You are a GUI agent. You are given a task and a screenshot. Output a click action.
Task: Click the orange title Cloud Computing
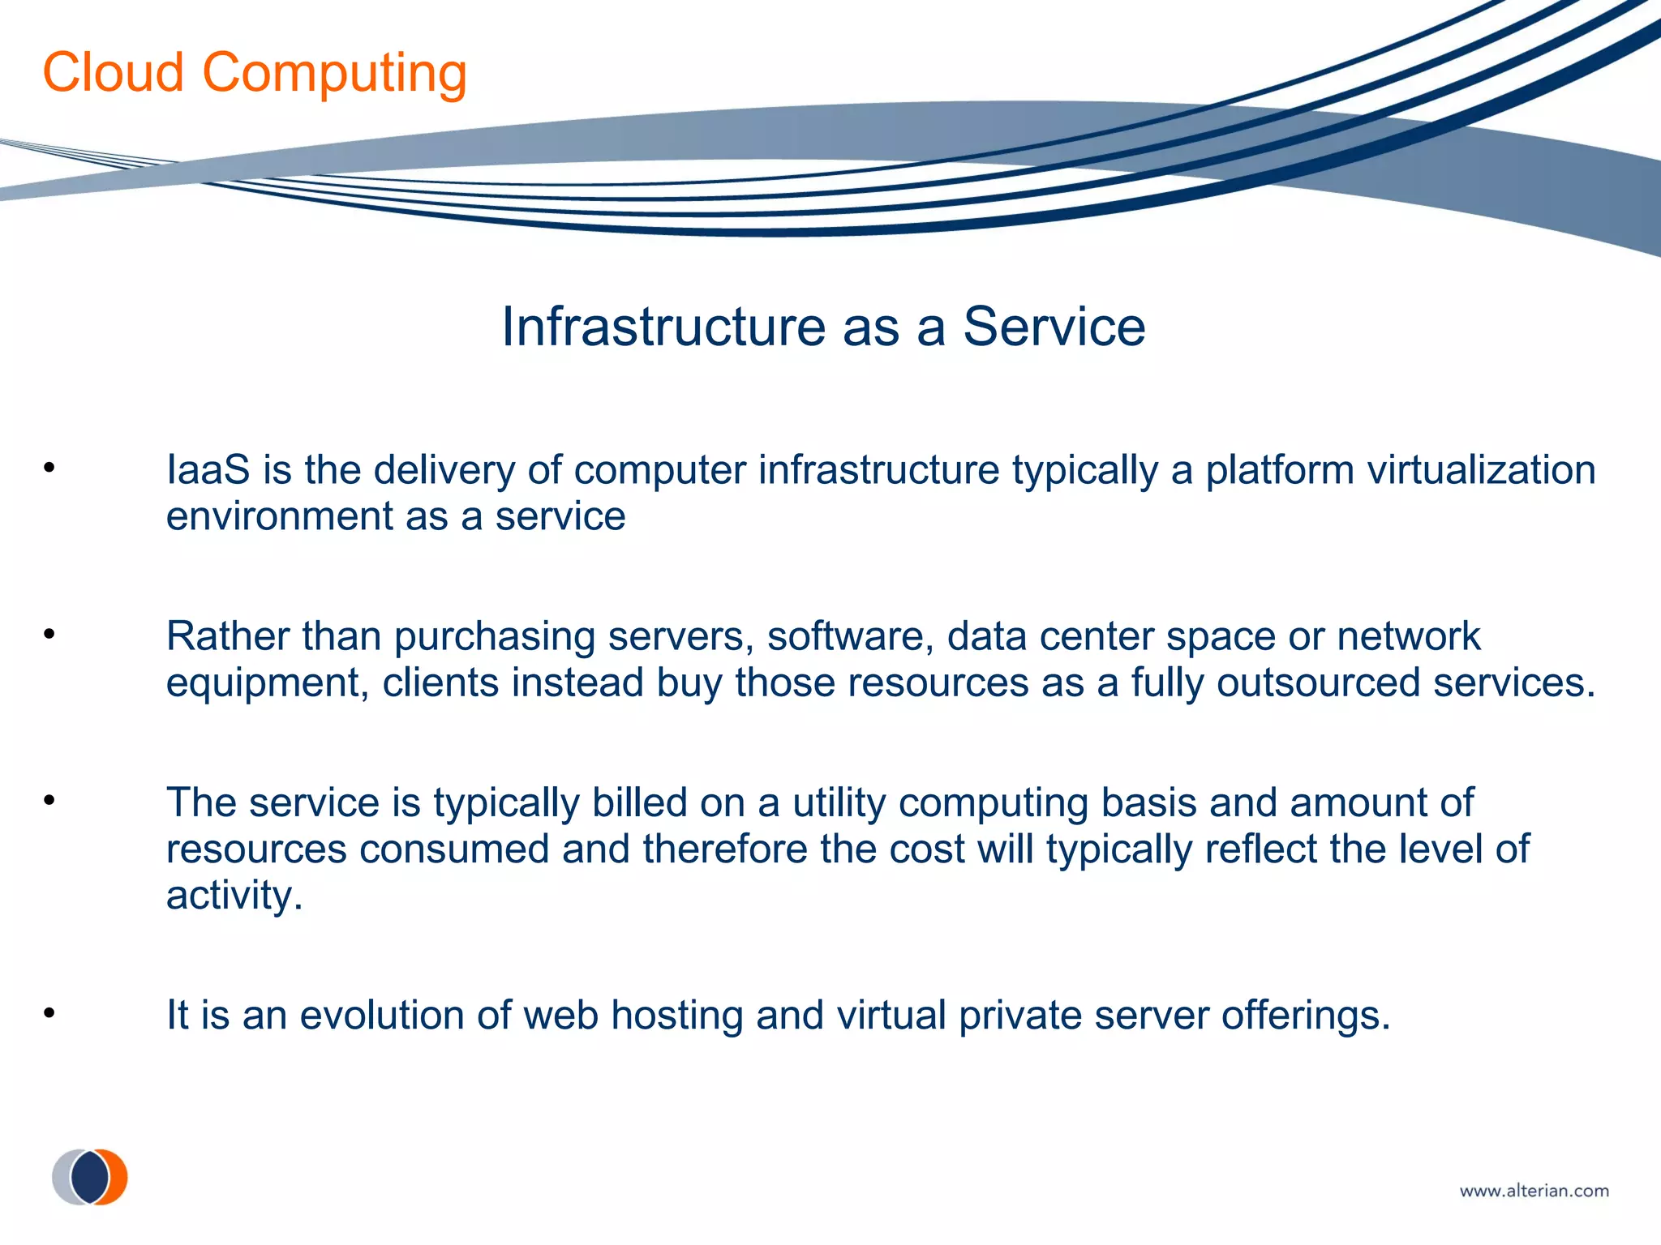255,73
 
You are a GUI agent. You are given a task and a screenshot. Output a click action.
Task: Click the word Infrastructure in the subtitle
663,327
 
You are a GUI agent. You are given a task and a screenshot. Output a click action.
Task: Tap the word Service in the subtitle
1054,327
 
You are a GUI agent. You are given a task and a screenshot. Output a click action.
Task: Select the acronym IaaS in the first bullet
208,470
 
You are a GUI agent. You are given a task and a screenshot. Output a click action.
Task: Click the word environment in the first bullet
279,517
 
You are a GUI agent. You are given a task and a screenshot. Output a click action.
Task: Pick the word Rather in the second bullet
227,636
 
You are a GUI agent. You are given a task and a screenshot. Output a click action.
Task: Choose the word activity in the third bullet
234,896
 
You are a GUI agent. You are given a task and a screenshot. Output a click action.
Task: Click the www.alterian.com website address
1534,1191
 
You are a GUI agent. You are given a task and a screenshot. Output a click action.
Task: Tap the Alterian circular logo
90,1177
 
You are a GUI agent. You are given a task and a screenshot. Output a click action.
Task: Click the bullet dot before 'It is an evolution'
49,1013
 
